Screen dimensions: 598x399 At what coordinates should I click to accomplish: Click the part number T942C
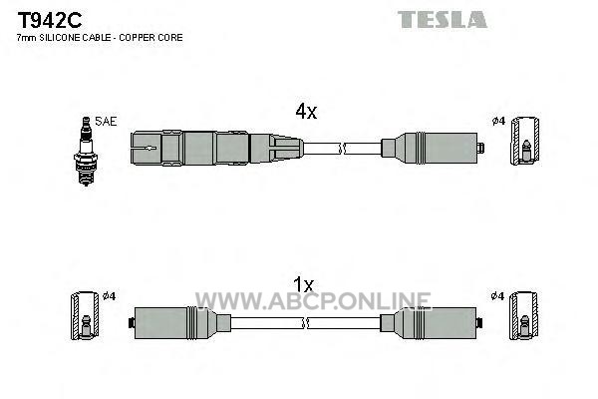coord(50,20)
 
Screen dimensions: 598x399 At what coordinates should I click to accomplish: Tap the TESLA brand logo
coord(442,20)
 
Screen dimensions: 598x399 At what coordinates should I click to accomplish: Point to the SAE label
coord(106,122)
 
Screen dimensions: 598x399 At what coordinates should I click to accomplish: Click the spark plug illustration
coord(86,152)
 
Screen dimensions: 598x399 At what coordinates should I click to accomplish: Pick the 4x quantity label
coord(306,112)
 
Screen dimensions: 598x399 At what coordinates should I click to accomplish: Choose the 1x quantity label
coord(303,284)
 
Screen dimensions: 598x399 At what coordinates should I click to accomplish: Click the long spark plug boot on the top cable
coord(217,149)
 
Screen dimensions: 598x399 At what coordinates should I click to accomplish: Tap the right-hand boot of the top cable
coord(433,149)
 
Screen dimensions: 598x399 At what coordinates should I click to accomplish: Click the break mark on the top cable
coord(342,149)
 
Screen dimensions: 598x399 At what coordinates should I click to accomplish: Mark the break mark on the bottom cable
coord(305,323)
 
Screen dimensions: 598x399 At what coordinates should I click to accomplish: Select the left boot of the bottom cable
coord(179,323)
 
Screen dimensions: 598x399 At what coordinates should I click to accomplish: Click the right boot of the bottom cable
coord(432,323)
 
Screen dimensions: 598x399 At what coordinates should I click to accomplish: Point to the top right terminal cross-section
coord(525,141)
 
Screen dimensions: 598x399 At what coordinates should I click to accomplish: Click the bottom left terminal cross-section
coord(85,316)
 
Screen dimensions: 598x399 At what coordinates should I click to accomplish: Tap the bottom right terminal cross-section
coord(524,316)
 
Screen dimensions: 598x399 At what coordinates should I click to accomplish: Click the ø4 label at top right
coord(498,122)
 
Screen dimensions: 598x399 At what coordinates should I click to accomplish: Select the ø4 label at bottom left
coord(109,296)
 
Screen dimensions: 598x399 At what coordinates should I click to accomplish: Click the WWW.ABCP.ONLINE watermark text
coord(313,301)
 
